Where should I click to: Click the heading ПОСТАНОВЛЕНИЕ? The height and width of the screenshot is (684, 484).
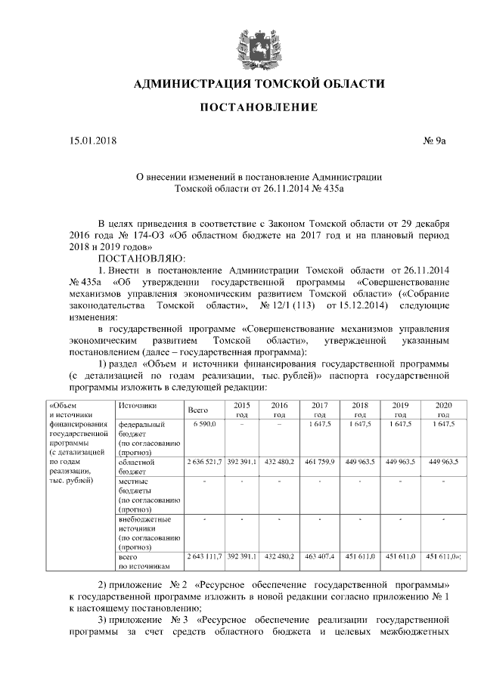point(258,108)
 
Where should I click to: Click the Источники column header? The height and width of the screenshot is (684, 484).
point(136,406)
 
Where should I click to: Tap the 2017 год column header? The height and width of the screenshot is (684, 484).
point(319,410)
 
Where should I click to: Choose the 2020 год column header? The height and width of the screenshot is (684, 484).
point(444,410)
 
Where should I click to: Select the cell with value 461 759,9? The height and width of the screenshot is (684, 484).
point(319,461)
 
